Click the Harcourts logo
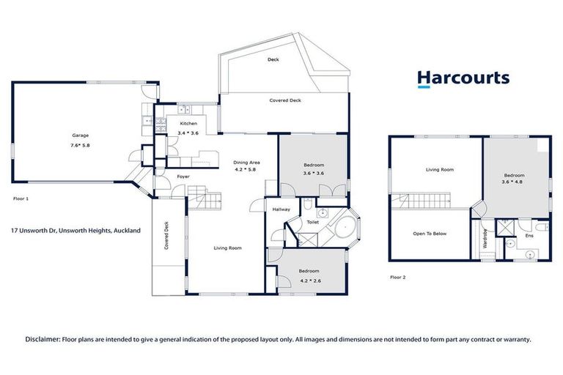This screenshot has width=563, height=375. tap(463, 79)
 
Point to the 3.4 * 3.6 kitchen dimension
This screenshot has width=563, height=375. tap(188, 133)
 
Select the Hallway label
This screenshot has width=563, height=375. tap(281, 209)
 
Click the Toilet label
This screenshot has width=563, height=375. tap(312, 221)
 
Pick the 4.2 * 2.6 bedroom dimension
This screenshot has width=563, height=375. tap(309, 280)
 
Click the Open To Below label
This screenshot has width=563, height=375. tap(430, 234)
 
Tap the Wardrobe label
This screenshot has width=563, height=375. tap(485, 239)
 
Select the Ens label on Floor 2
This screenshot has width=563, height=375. tap(529, 236)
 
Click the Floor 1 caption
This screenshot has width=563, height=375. tap(21, 198)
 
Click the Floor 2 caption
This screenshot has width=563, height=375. tap(397, 278)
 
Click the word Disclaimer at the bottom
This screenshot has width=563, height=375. tap(43, 339)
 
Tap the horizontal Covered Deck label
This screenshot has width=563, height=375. tap(284, 100)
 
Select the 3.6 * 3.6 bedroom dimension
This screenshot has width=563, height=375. tap(314, 174)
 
